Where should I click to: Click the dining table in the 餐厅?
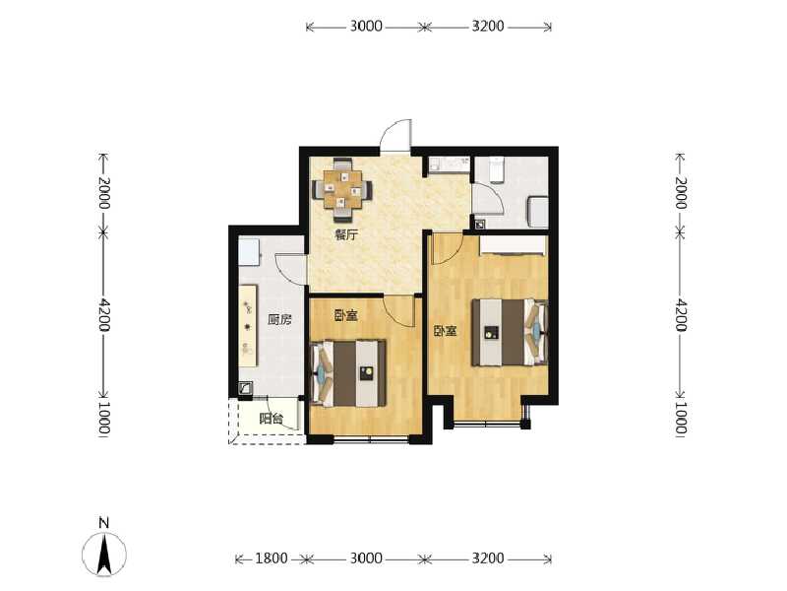click(x=342, y=189)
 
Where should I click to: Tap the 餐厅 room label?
click(x=347, y=234)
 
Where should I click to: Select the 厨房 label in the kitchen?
click(x=279, y=319)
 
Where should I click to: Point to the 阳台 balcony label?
click(x=272, y=419)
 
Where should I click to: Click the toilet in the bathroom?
click(x=496, y=169)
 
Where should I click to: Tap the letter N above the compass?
click(x=104, y=522)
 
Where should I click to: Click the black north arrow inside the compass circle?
click(x=104, y=555)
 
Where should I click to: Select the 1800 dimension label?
click(x=272, y=558)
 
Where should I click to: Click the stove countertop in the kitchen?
click(x=248, y=326)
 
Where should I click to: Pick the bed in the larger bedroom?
click(x=509, y=332)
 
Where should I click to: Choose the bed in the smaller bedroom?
click(x=348, y=373)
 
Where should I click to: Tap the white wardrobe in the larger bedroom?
click(x=513, y=246)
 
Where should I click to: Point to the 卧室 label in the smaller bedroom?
click(x=346, y=315)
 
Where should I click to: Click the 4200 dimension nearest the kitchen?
click(x=104, y=314)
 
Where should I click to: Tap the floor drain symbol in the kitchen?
click(x=245, y=388)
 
